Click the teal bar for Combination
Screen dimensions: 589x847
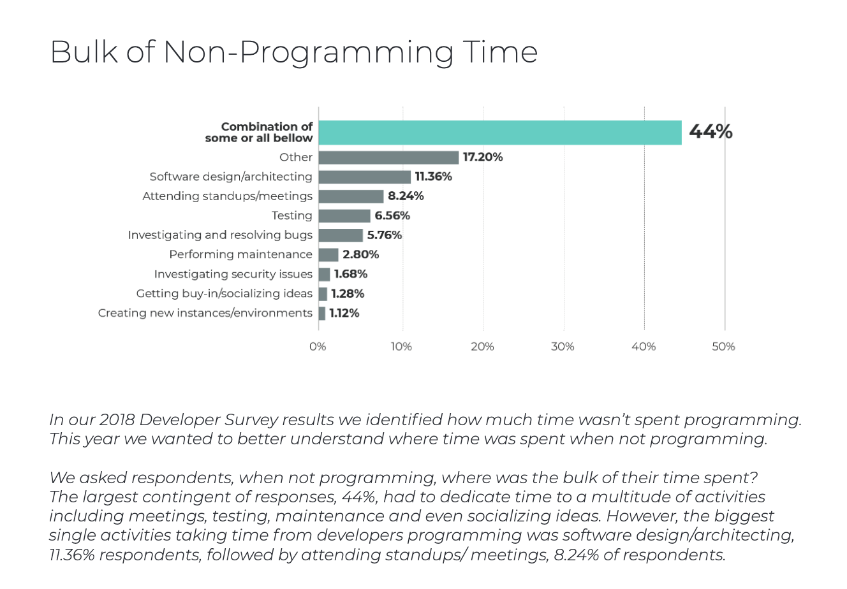pyautogui.click(x=500, y=133)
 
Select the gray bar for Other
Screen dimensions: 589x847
pyautogui.click(x=388, y=157)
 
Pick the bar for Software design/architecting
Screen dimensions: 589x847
pyautogui.click(x=365, y=177)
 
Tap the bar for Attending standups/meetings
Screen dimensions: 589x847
pyautogui.click(x=351, y=196)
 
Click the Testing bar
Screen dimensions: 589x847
pyautogui.click(x=344, y=216)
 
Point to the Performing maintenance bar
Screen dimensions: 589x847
pyautogui.click(x=328, y=255)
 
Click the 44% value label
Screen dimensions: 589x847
pyautogui.click(x=711, y=132)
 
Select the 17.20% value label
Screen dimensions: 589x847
pyautogui.click(x=483, y=157)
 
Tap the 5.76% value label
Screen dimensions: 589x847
pyautogui.click(x=385, y=235)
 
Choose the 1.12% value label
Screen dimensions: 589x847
pyautogui.click(x=344, y=313)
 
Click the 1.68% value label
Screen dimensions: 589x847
pyautogui.click(x=351, y=274)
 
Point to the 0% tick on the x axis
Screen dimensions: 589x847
pyautogui.click(x=318, y=347)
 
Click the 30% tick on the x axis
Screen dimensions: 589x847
pyautogui.click(x=563, y=347)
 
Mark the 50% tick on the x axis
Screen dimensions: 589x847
pyautogui.click(x=724, y=347)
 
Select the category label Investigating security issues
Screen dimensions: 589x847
pyautogui.click(x=233, y=274)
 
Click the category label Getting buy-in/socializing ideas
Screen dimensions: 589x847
pyautogui.click(x=225, y=294)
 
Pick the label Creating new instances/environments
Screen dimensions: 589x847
pyautogui.click(x=205, y=313)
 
